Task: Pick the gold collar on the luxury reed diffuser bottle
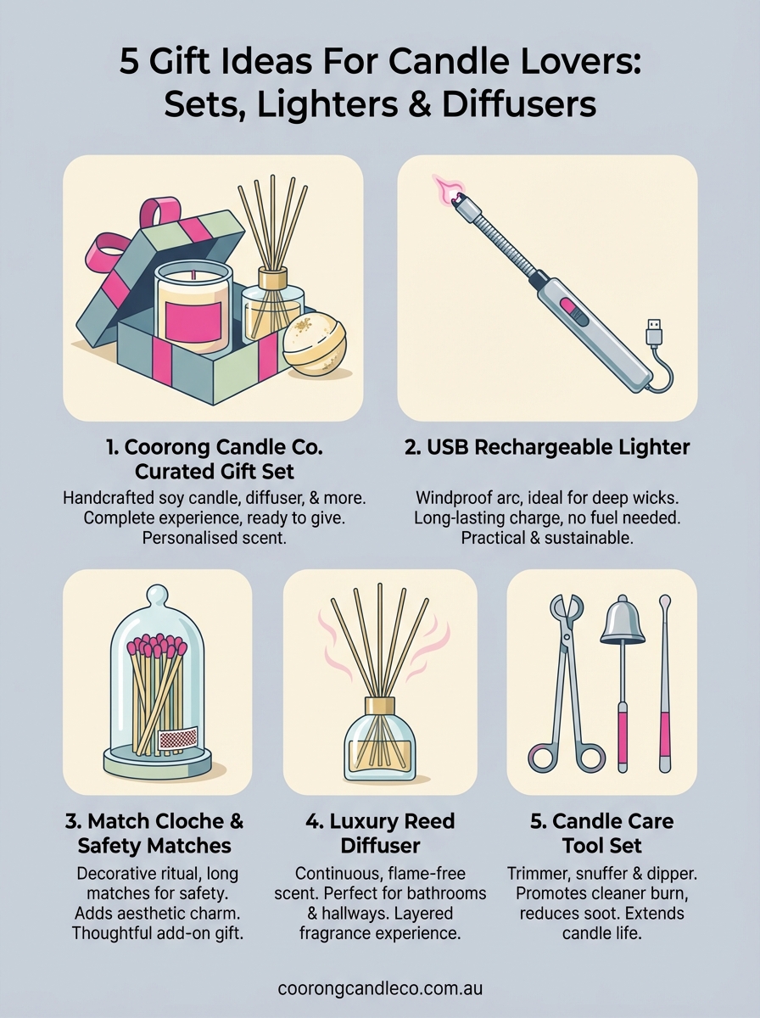(x=380, y=706)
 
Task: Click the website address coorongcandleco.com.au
(x=380, y=988)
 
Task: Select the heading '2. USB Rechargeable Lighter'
(x=547, y=446)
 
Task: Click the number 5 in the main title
(x=129, y=63)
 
